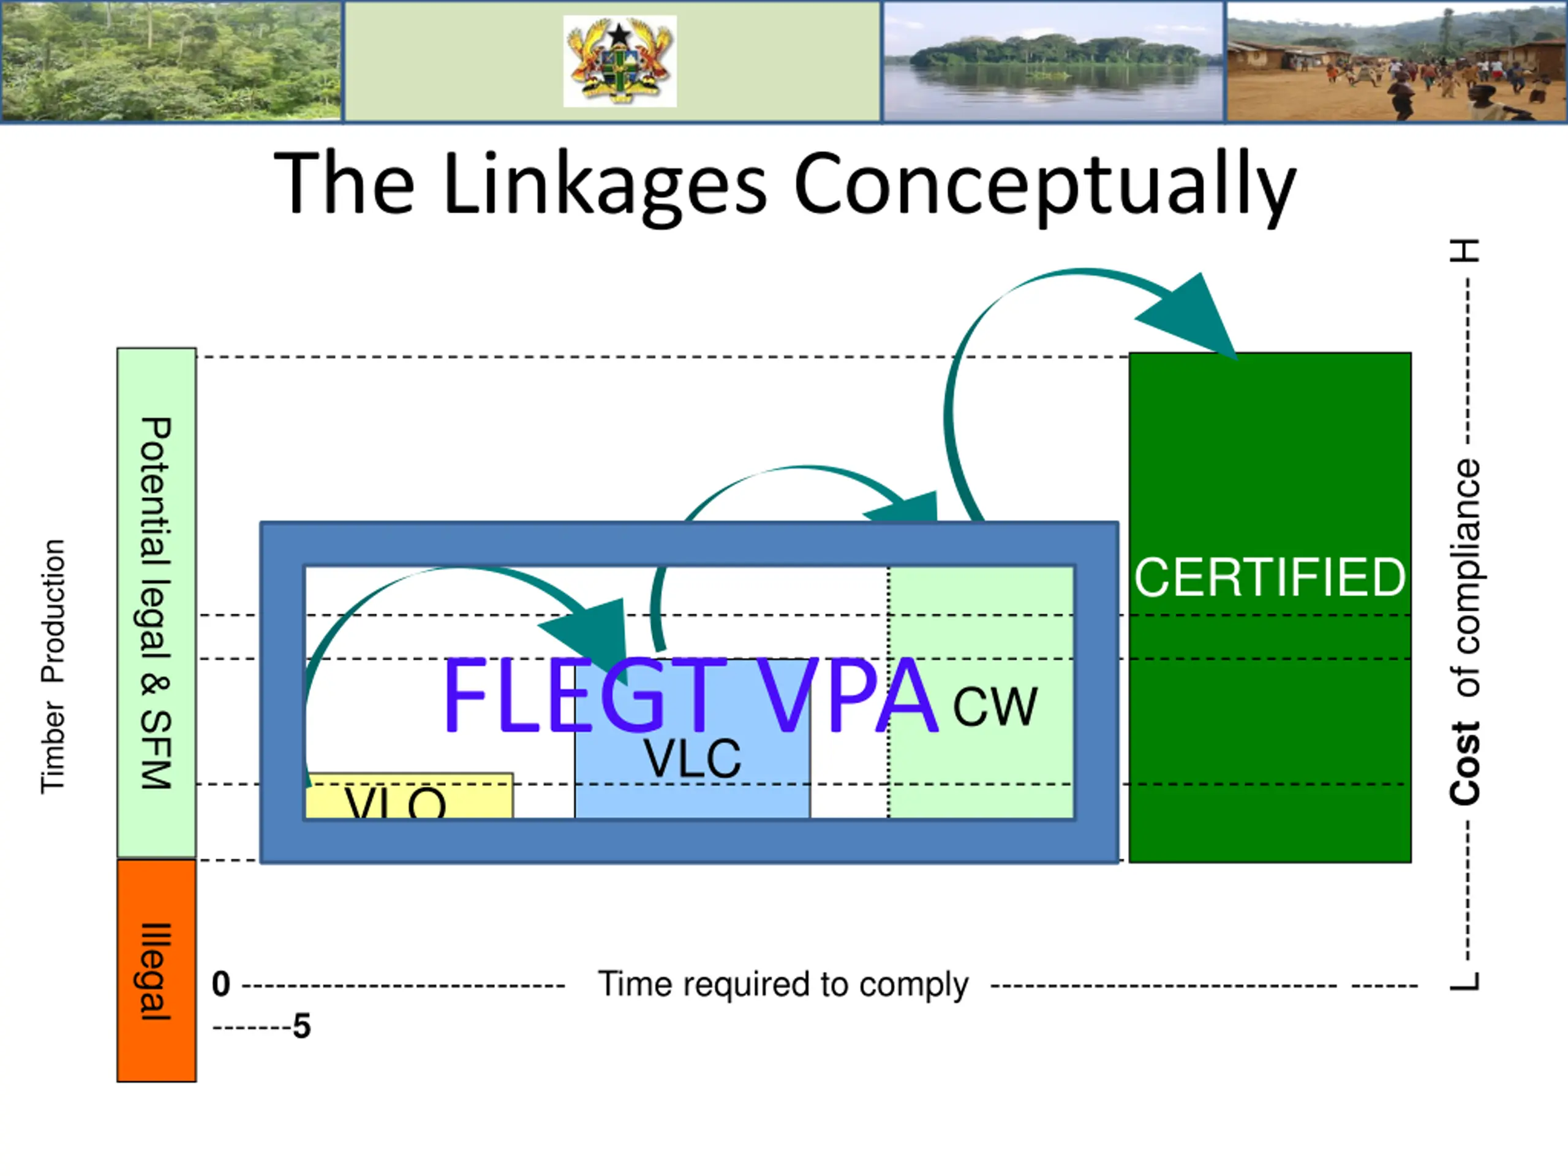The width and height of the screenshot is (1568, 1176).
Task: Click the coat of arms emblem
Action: [620, 61]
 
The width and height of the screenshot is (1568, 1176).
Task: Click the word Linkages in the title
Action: [604, 184]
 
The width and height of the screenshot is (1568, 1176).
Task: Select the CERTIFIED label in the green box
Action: [1270, 577]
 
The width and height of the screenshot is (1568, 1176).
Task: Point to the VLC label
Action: [692, 758]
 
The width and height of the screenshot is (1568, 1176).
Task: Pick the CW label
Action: [995, 706]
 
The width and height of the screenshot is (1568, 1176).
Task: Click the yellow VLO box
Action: [409, 797]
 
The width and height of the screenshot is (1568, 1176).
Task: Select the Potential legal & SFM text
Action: [157, 603]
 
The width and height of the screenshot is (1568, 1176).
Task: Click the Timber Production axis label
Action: [53, 666]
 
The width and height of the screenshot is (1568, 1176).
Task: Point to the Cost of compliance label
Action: [1464, 631]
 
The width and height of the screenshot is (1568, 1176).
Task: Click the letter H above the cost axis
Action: [1464, 251]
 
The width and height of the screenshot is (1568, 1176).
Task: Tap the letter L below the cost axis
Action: [1464, 981]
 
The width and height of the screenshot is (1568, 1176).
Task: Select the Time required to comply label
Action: [783, 985]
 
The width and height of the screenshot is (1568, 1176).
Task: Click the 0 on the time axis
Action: [221, 985]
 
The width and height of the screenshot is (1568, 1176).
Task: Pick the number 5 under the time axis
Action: [302, 1027]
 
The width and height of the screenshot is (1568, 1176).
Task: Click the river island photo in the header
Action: [1053, 61]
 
